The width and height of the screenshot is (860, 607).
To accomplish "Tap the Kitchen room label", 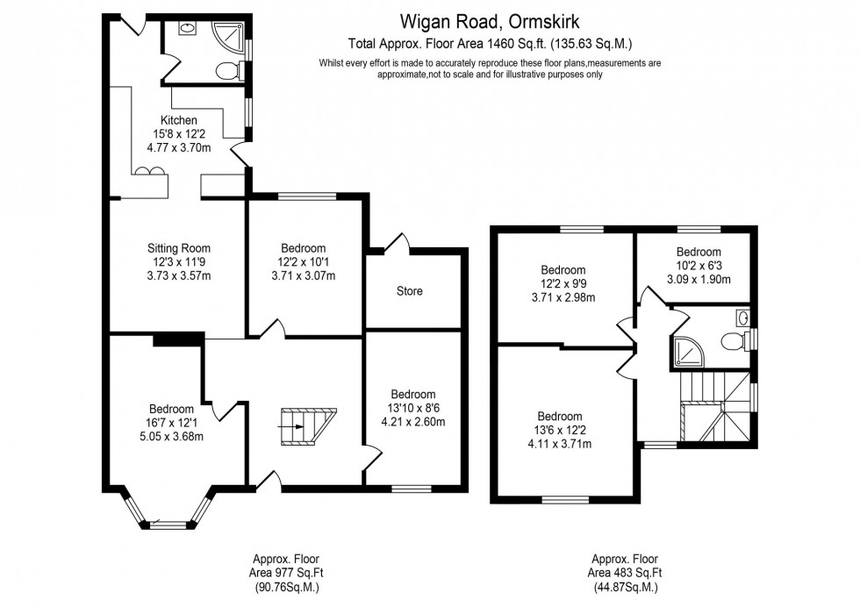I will click(178, 120).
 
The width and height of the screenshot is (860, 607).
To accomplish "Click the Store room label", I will click(409, 291).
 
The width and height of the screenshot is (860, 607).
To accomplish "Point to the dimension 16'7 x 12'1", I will click(171, 423).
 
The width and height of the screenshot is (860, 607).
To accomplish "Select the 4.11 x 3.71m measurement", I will click(560, 444).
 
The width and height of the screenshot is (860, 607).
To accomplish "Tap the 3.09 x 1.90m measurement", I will click(698, 279).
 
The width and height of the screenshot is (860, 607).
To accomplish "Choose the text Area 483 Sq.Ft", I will click(624, 573).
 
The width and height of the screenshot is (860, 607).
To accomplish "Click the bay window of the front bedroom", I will click(168, 518).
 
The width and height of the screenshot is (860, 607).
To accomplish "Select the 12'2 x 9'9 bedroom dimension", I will click(563, 283).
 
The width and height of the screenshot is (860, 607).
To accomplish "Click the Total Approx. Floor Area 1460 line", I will click(490, 43).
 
